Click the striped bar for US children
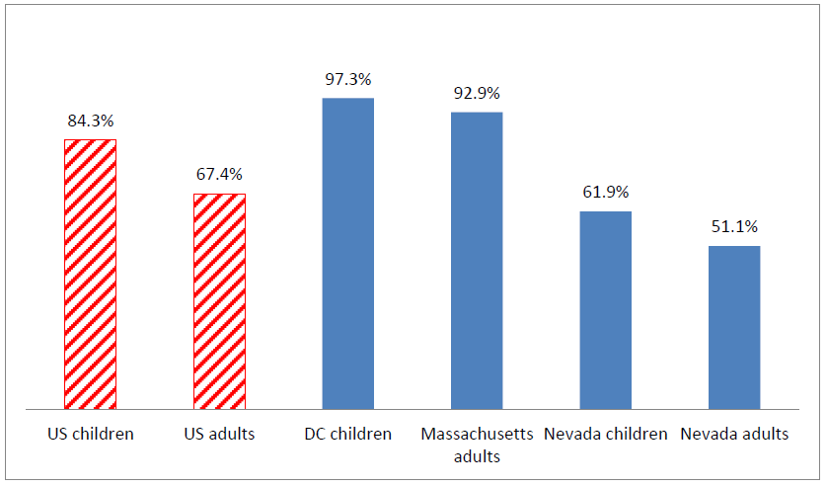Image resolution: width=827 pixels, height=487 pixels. [91, 274]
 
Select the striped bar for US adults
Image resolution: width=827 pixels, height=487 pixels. [219, 300]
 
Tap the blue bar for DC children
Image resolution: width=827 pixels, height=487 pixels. [348, 253]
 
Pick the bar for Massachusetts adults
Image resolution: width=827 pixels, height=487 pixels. [477, 260]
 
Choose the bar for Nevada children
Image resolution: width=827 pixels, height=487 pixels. [605, 309]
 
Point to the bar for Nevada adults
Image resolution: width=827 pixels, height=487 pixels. [734, 327]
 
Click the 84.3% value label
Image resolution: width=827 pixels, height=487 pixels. [91, 121]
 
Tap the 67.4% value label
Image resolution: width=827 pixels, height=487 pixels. [219, 174]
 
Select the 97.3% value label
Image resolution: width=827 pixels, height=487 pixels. [348, 79]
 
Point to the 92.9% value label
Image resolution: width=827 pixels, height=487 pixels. [477, 93]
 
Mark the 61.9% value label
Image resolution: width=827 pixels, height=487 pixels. [605, 192]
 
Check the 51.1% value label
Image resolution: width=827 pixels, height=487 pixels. [734, 226]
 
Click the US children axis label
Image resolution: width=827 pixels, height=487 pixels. [91, 434]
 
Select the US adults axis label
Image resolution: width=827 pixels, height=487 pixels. [219, 434]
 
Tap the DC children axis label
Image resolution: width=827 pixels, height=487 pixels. [348, 434]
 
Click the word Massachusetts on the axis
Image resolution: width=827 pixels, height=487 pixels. [477, 434]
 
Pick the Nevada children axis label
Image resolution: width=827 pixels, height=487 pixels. [605, 434]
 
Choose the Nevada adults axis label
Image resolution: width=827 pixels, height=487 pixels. [734, 434]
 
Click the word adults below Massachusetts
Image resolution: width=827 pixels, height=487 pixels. [477, 456]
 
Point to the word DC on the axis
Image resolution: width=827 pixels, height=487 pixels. [316, 434]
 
